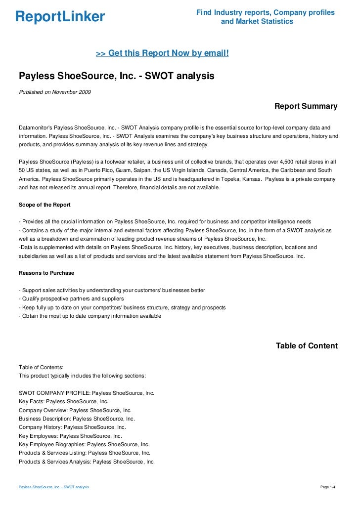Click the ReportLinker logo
[x=60, y=17]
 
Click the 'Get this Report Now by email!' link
[x=162, y=53]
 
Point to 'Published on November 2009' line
[x=54, y=92]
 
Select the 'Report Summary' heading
[x=306, y=106]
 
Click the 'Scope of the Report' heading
[x=45, y=204]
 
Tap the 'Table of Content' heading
[x=307, y=346]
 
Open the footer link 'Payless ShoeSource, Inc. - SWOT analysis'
[x=53, y=487]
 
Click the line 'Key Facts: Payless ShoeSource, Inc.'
[x=63, y=401]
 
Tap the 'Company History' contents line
[x=72, y=427]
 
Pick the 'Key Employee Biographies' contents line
[x=84, y=444]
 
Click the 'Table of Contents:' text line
[x=41, y=367]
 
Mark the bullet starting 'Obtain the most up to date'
[x=90, y=316]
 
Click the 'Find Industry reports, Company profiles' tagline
[x=266, y=12]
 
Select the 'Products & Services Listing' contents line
[x=85, y=453]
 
